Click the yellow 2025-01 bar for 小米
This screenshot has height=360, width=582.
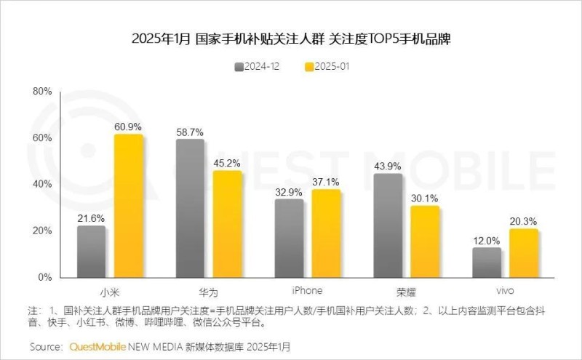point(129,206)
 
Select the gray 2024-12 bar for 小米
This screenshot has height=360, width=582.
point(91,251)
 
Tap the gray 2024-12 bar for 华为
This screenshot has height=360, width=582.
point(190,208)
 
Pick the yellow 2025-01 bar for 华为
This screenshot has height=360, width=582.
point(227,224)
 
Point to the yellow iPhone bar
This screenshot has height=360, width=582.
point(326,233)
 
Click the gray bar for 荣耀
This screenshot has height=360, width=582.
point(387,225)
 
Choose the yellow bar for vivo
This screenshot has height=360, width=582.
point(523,253)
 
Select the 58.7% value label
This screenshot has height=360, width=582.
point(190,132)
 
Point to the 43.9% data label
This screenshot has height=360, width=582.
point(387,166)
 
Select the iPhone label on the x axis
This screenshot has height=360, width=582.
point(307,289)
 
